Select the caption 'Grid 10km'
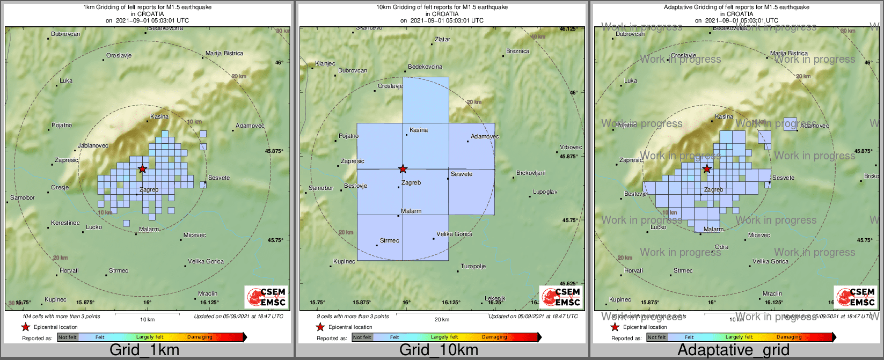439,350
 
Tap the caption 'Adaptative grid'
733,350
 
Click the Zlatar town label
442,39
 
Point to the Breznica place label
517,52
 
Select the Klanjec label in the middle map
325,63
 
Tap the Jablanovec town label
93,145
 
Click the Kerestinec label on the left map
65,223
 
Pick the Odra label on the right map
721,247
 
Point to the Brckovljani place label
531,173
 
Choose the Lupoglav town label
545,192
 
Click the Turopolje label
473,267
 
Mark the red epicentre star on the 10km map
403,169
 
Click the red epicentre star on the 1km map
142,169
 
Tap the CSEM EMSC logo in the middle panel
560,297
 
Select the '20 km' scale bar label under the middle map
442,320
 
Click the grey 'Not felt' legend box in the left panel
68,337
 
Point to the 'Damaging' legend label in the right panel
788,337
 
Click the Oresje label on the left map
60,188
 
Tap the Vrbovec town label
571,147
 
